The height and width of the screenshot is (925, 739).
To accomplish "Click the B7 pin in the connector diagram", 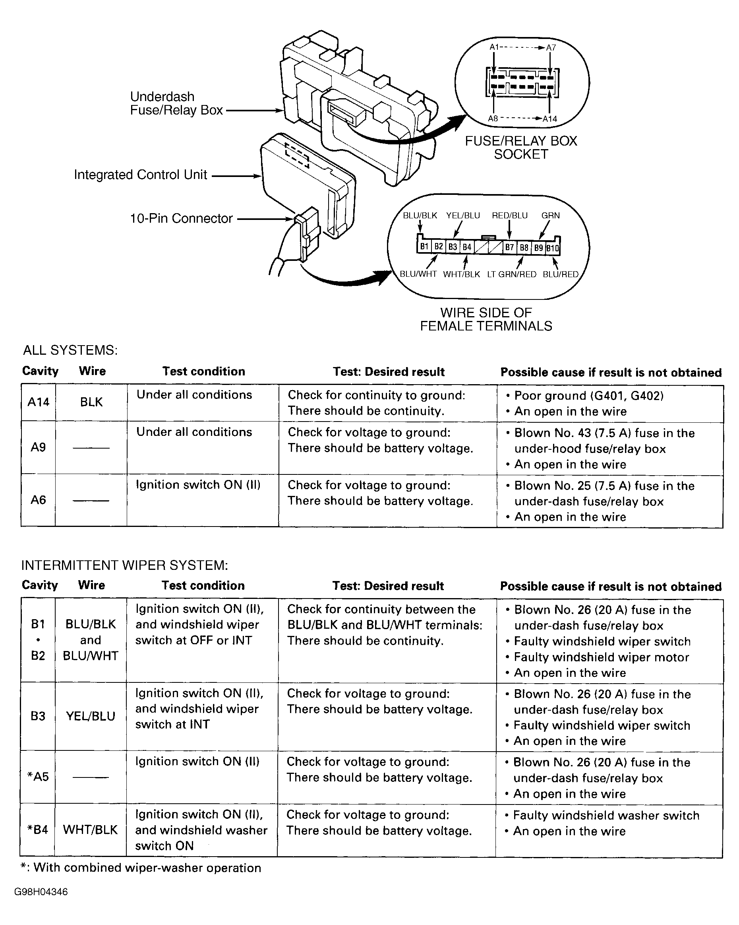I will [509, 247].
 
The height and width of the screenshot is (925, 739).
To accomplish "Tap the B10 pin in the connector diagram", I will [553, 248].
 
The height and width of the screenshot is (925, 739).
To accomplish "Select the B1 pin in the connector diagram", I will [424, 246].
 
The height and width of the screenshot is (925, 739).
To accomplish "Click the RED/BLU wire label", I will [509, 216].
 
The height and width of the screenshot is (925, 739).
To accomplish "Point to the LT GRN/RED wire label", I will [511, 274].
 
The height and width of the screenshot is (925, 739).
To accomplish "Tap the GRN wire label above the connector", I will [550, 216].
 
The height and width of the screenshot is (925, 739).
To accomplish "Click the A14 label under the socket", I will [549, 119].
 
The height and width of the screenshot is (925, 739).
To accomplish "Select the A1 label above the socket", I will [494, 47].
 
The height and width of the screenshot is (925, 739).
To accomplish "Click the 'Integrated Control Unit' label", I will [140, 175].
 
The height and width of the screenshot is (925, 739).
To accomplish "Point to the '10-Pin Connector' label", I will [181, 218].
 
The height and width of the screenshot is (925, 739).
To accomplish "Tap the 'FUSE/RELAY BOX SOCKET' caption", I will [521, 147].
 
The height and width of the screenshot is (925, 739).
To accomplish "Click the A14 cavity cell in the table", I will [38, 402].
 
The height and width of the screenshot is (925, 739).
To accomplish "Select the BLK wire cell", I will [91, 402].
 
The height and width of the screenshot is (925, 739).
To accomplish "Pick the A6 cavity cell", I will [38, 500].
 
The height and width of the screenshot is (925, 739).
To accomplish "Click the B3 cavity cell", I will [38, 716].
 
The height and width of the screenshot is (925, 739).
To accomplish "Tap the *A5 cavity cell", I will [38, 777].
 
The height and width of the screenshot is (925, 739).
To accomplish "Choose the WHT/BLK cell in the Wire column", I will [90, 830].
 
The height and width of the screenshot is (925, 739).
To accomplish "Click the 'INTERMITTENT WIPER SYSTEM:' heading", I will [124, 565].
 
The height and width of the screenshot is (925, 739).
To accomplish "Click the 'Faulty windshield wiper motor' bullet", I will [601, 657].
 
